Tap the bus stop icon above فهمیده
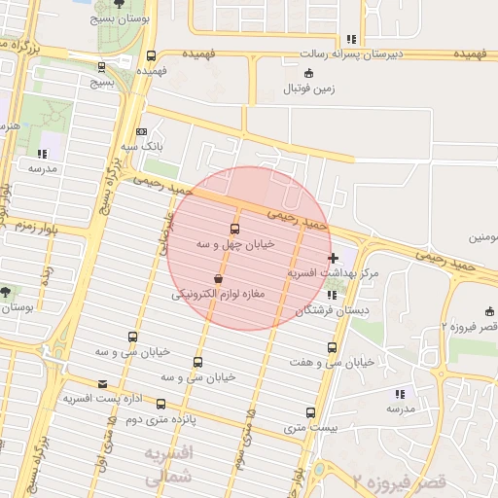[x=151, y=55]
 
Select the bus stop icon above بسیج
[x=103, y=68]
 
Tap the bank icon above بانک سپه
[x=142, y=131]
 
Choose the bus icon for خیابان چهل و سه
[x=234, y=229]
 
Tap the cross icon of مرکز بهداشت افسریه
[x=335, y=258]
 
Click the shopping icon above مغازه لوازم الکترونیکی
[x=218, y=278]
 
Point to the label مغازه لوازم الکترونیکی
[x=219, y=293]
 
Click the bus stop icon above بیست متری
[x=310, y=412]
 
